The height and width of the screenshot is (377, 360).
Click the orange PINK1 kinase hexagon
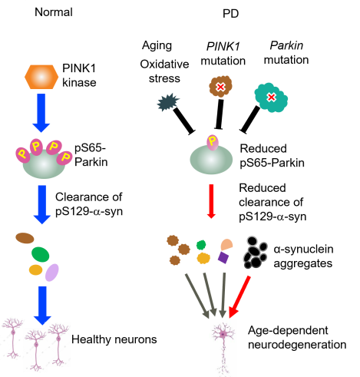(x=41, y=77)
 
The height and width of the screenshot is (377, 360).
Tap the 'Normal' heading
(x=54, y=12)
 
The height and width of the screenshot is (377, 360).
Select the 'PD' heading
(x=231, y=13)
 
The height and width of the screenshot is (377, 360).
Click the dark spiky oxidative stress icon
(x=167, y=102)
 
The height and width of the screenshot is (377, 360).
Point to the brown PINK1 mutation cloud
(x=220, y=86)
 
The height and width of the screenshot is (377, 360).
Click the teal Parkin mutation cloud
(x=271, y=98)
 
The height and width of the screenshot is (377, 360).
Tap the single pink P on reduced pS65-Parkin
(x=213, y=142)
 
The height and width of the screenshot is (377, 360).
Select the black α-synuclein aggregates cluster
(x=255, y=253)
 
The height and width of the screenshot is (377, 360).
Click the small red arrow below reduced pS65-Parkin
(x=211, y=201)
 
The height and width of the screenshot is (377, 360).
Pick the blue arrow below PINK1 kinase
(x=41, y=113)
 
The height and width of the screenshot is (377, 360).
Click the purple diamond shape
(x=223, y=257)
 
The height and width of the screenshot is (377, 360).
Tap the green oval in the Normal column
(x=41, y=254)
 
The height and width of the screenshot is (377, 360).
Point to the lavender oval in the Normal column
(x=52, y=273)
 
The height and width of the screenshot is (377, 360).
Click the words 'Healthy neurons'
(x=114, y=339)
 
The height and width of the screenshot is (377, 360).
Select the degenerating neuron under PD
(x=223, y=348)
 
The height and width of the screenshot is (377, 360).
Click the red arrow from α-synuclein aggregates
(x=239, y=297)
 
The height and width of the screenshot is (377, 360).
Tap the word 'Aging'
(x=157, y=46)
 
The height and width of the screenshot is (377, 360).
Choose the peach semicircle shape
(x=226, y=245)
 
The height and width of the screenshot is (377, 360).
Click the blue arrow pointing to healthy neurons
(x=42, y=306)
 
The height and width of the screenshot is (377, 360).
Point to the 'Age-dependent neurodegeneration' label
(x=297, y=337)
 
